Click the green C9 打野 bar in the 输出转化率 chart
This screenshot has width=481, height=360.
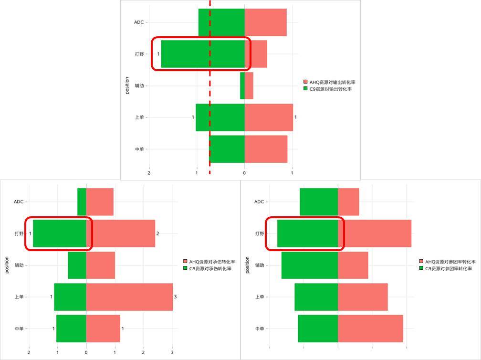click(x=203, y=54)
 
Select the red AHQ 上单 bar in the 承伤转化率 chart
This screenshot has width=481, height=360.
click(x=129, y=297)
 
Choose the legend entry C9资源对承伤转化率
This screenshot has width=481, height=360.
click(x=210, y=268)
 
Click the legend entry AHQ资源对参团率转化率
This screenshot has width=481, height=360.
click(x=450, y=262)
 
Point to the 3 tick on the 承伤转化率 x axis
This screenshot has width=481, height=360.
click(x=172, y=352)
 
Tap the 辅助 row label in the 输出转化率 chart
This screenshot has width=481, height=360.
click(x=139, y=86)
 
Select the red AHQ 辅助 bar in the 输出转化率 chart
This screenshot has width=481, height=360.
click(x=249, y=86)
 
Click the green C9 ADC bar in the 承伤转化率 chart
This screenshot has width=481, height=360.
click(x=82, y=201)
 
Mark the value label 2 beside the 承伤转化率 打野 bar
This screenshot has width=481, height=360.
click(x=158, y=233)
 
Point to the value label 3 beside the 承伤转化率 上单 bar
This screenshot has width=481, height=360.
click(x=176, y=297)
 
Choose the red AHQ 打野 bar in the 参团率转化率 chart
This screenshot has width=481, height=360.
click(x=375, y=233)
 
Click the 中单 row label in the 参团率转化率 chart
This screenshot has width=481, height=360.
click(x=259, y=328)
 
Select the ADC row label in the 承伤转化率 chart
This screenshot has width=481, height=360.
click(x=19, y=201)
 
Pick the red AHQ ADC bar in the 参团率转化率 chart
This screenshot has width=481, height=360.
click(x=348, y=201)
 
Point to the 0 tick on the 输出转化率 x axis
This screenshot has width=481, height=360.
click(x=245, y=173)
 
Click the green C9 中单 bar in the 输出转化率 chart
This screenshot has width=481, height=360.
click(x=227, y=149)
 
